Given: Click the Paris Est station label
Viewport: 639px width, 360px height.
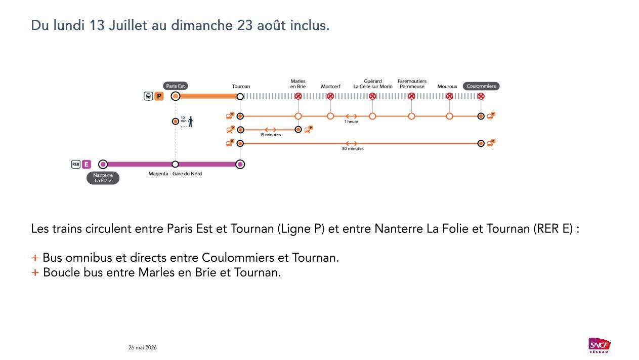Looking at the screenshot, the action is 175,86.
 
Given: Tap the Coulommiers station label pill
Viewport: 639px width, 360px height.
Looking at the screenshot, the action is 481,86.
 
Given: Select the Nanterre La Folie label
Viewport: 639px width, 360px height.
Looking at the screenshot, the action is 103,178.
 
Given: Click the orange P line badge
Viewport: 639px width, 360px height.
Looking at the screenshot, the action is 159,96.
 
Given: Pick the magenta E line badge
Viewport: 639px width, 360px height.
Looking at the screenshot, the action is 87,165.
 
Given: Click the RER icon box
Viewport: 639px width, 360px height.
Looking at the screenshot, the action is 75,165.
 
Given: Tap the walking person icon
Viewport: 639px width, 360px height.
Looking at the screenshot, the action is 191,122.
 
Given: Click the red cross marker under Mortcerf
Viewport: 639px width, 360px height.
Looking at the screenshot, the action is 330,96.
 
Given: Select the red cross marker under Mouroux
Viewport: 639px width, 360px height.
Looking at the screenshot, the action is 449,96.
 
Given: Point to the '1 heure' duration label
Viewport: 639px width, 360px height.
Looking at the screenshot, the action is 351,122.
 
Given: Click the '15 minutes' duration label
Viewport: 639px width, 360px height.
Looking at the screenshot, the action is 271,135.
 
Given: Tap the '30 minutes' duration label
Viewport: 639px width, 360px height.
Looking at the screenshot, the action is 353,148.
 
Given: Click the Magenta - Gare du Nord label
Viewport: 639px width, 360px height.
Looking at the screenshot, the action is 175,174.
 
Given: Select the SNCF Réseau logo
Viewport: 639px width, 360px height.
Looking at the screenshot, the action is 599,345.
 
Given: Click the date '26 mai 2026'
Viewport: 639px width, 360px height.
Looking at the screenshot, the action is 142,347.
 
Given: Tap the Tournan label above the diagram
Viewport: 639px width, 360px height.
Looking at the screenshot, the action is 241,86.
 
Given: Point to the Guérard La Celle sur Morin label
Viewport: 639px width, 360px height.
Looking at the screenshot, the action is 373,84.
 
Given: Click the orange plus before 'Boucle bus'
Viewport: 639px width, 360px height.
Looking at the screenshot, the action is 35,272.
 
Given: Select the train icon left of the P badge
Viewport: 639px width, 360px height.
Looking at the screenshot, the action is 148,96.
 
